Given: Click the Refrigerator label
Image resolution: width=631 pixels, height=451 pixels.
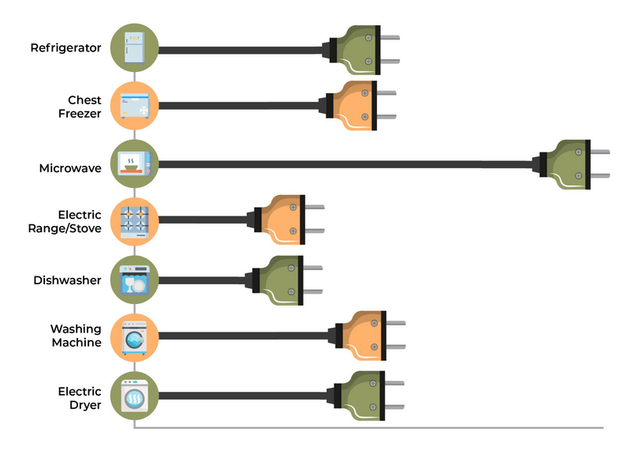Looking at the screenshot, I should point(65,48).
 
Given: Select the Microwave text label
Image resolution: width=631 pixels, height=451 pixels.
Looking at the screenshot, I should point(70,168).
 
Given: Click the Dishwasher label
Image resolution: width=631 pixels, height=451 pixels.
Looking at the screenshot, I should point(67,280).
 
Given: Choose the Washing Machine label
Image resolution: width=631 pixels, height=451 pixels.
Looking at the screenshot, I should point(76,336).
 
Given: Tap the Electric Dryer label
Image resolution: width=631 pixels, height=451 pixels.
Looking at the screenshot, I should point(80,397).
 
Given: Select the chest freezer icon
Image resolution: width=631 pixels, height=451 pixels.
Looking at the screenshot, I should point(135,106).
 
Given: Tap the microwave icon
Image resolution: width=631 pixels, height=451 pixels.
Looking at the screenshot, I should point(135,165).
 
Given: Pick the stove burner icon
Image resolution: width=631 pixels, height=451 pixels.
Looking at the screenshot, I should point(135,220).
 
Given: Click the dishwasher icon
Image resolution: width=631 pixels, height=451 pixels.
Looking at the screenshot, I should point(135,280).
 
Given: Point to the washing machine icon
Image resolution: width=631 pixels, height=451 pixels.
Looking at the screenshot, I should point(135,338).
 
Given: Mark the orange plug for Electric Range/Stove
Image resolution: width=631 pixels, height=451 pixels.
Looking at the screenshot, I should point(281,220).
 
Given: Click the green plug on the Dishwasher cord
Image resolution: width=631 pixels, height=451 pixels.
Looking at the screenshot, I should point(279,279).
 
